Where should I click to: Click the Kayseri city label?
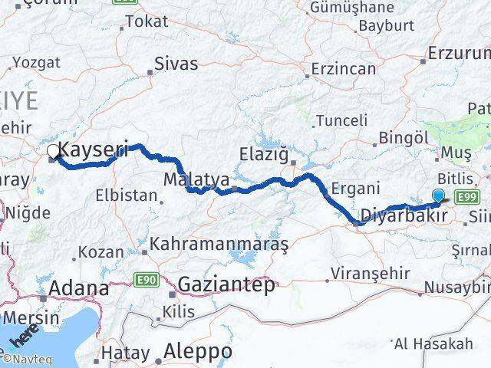click(x=93, y=149)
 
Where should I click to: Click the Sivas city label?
click(x=176, y=64)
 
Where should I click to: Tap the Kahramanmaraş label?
click(x=219, y=245)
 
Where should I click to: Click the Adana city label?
click(x=78, y=289)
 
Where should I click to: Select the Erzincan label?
click(x=343, y=69)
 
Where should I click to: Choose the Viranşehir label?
click(x=365, y=272)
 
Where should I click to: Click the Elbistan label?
click(x=126, y=195)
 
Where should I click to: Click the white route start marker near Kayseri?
click(x=52, y=152)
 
